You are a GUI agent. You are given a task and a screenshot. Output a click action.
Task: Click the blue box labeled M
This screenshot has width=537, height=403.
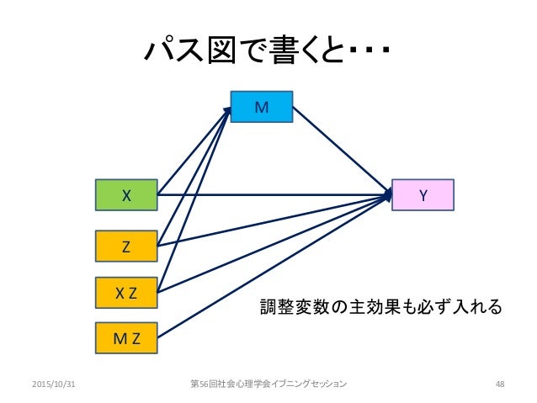[262, 107]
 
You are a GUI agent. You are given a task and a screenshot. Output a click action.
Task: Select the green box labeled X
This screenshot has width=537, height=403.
[126, 195]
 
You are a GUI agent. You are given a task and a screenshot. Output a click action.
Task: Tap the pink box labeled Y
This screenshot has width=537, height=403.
[423, 195]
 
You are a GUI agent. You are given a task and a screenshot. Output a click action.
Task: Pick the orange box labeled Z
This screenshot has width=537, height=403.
[126, 247]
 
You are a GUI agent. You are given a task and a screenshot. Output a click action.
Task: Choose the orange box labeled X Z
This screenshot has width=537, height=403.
[126, 293]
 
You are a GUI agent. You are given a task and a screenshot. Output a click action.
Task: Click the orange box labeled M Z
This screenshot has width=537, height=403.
[126, 339]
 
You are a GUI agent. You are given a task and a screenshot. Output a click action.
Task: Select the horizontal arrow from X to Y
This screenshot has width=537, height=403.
[278, 195]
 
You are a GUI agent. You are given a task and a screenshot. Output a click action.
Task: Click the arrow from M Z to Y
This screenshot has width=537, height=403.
[278, 265]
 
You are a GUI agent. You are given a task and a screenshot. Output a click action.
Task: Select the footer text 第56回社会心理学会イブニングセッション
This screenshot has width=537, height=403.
[268, 384]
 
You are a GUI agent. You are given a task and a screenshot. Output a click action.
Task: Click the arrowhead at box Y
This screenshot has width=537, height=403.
[388, 195]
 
